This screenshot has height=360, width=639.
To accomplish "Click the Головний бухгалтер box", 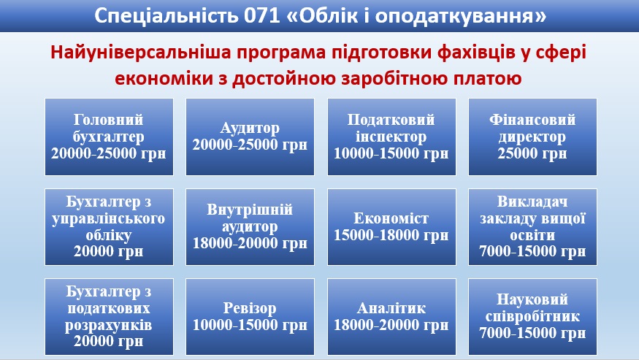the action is [x=109, y=137].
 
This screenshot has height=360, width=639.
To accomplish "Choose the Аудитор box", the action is [x=250, y=137].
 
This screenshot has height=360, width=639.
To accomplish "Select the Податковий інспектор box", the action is [x=391, y=137].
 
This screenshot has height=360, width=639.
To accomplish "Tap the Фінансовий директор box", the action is [x=532, y=137].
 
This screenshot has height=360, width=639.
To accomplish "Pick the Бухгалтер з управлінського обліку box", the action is [x=109, y=227].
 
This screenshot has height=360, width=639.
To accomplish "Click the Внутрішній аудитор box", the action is [x=250, y=227].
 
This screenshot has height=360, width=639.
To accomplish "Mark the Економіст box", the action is [x=391, y=227].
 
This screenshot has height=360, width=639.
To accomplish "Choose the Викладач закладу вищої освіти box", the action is [x=532, y=227].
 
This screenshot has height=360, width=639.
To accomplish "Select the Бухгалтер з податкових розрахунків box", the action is [x=109, y=317].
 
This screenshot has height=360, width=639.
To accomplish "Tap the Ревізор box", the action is [x=250, y=317].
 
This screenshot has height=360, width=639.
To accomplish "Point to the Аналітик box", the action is [x=391, y=317].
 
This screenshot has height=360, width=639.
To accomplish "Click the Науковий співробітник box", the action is [x=532, y=317].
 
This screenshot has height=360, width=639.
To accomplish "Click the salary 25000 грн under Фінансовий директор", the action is [x=532, y=153].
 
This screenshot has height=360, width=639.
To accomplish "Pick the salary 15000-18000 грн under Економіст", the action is [x=391, y=236].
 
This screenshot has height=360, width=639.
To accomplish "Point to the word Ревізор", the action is [x=250, y=308].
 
